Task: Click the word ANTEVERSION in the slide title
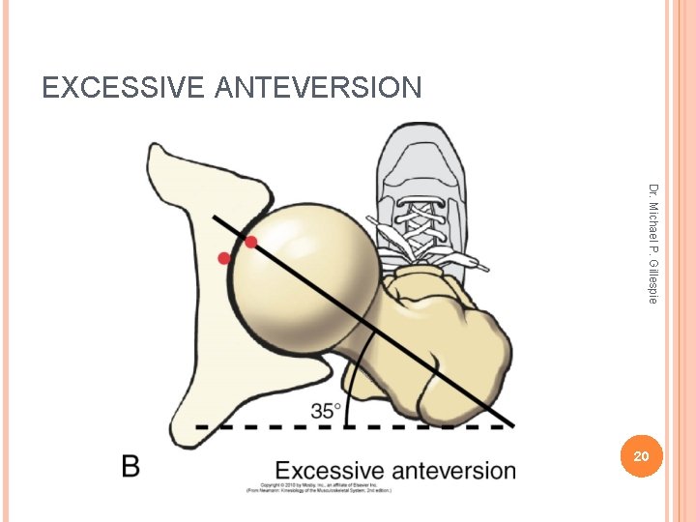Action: click(x=319, y=88)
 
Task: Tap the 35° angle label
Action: click(x=325, y=410)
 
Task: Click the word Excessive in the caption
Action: click(x=331, y=471)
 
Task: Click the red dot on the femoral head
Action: click(x=251, y=242)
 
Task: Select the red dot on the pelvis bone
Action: click(x=224, y=258)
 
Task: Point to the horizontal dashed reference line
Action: click(x=290, y=426)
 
